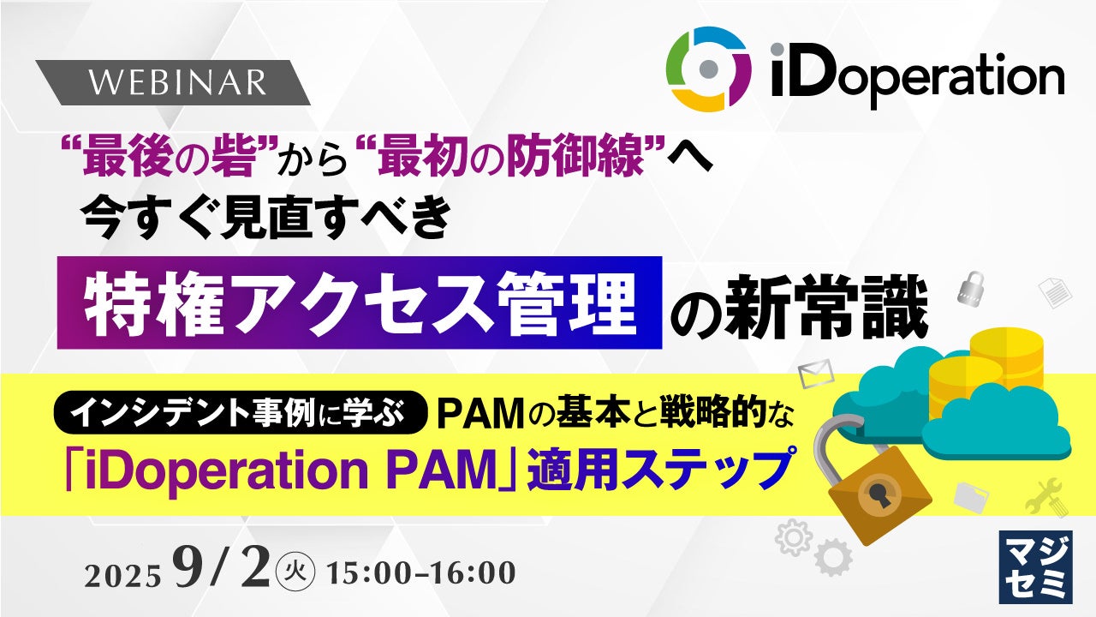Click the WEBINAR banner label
tap(177, 82)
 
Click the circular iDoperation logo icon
tap(708, 69)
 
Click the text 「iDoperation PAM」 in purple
tap(290, 470)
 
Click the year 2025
tap(122, 576)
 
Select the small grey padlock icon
tap(971, 289)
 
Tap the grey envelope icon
tap(816, 374)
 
